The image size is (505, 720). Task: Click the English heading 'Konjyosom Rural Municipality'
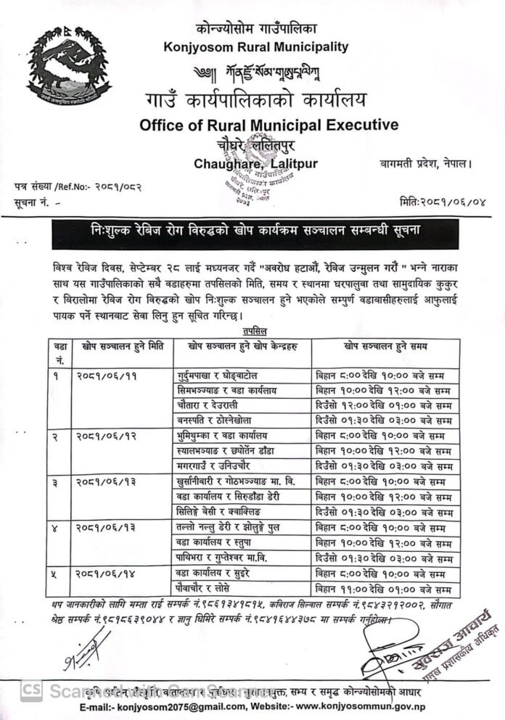[x=256, y=47]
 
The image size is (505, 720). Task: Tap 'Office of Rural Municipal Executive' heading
[x=268, y=125]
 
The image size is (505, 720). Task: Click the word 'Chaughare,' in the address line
[x=225, y=163]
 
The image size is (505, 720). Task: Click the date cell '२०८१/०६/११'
[x=105, y=376]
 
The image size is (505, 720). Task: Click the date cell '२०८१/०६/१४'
[x=105, y=573]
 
